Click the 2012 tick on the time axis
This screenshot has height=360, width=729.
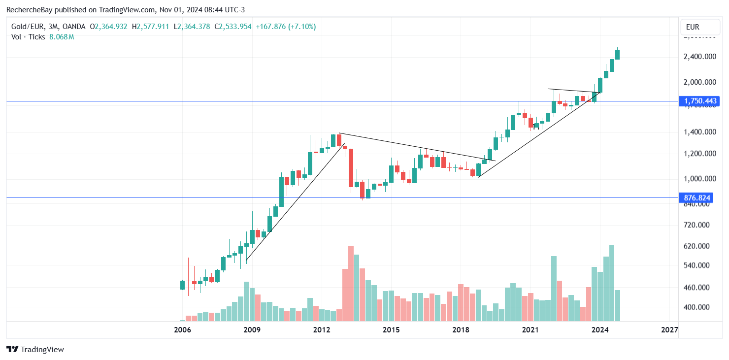(x=322, y=329)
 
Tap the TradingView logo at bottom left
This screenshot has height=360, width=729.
(x=35, y=349)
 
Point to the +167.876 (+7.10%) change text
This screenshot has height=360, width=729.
(x=286, y=27)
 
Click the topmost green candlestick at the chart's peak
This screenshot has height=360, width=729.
(x=617, y=54)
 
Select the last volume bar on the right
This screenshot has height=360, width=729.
(x=617, y=305)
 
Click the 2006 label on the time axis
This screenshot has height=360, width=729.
(x=183, y=329)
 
